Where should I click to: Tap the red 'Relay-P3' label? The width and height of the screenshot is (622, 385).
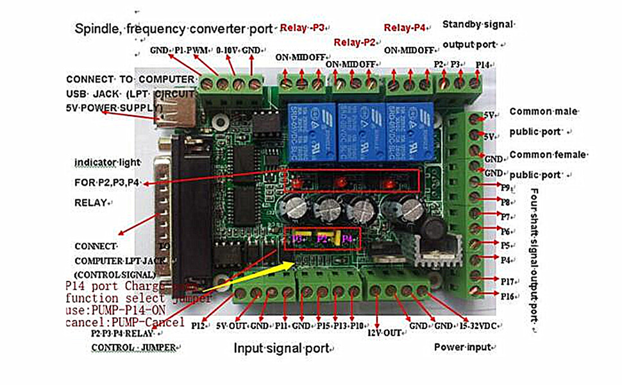[304, 28]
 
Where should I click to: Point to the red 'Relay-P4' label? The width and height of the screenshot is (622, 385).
[405, 28]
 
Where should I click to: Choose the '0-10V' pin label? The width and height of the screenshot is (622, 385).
[228, 49]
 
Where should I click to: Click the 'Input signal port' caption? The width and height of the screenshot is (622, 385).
[282, 348]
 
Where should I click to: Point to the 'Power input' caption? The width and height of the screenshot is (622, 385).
[462, 347]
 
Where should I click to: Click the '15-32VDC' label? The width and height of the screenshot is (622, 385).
[473, 325]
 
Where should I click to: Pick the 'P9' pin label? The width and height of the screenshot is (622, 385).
[506, 187]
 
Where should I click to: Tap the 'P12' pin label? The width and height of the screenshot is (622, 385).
[198, 325]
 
